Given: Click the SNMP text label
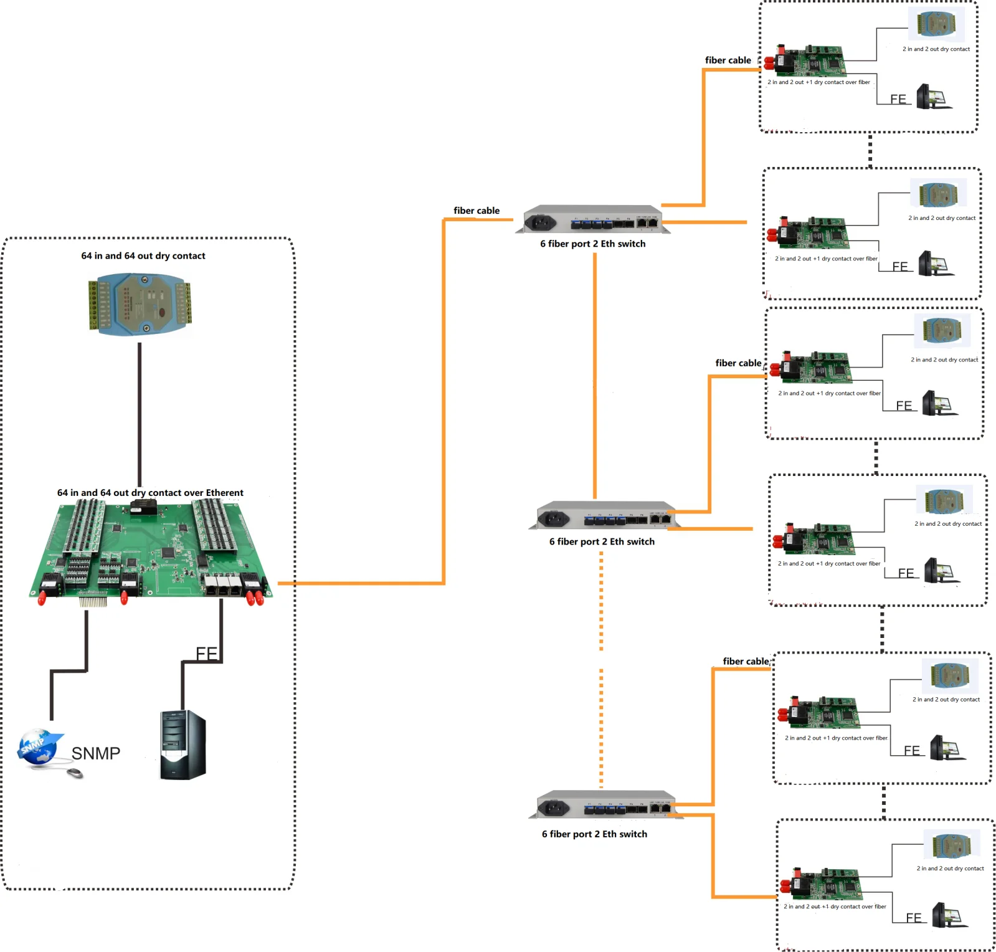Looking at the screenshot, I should point(95,753).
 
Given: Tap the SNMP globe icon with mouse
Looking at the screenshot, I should point(40,747).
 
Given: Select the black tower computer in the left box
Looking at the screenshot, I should point(183,745).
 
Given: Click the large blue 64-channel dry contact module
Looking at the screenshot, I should point(140,304).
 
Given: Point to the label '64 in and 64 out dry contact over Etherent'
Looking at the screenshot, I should point(150,493).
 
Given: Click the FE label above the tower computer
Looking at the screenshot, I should point(206,653).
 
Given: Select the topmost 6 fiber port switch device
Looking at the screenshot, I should point(593,219).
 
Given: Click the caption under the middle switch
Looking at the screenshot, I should point(602,541).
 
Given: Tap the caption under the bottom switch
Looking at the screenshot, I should point(594,834).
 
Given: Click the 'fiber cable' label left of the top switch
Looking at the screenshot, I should point(477,211).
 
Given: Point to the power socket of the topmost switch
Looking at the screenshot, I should point(540,221).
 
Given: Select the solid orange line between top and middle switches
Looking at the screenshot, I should point(595,374).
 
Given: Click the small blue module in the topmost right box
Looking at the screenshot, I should point(936,25).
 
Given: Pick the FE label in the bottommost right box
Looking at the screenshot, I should point(914,918).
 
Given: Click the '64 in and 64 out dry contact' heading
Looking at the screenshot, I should point(143,255).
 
